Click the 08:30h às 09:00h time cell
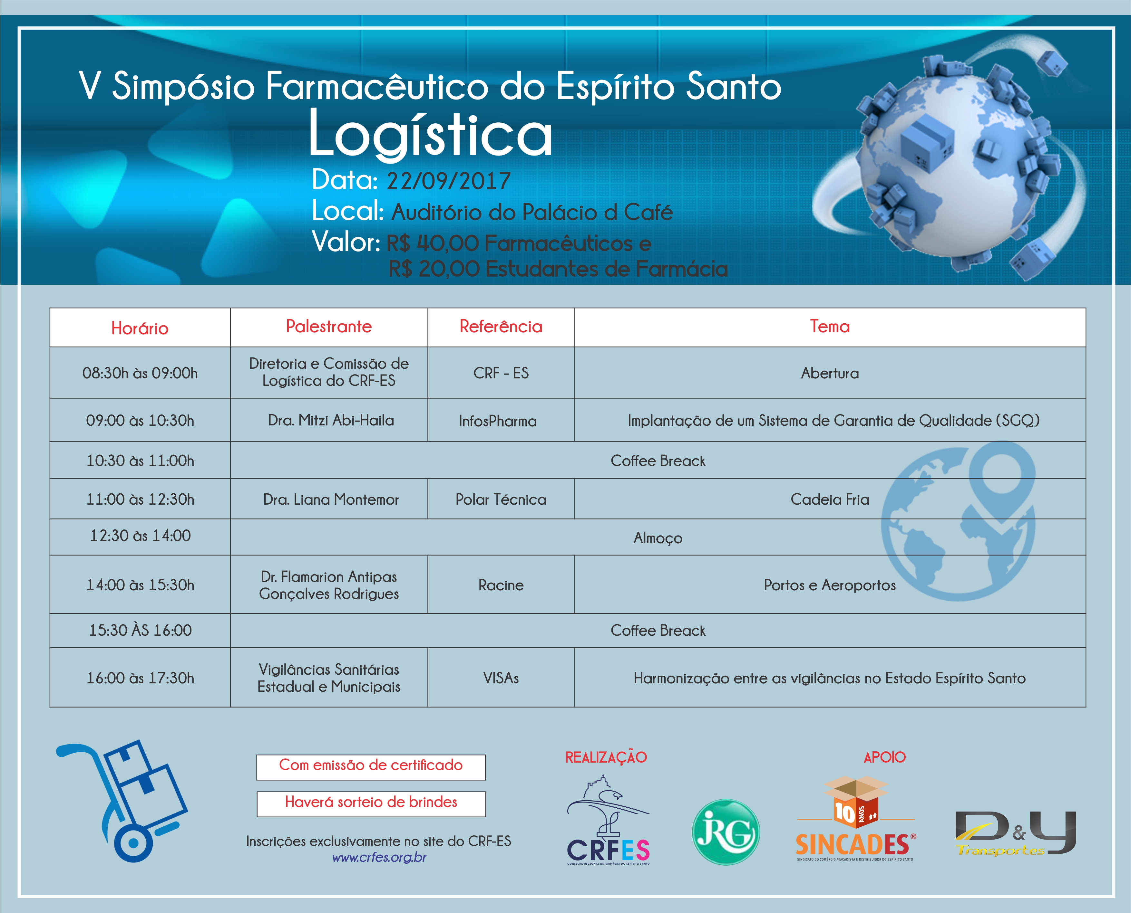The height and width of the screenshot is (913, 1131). (x=140, y=373)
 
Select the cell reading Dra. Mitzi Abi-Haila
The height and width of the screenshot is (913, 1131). (x=331, y=420)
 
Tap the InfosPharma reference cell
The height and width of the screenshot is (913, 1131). (x=498, y=421)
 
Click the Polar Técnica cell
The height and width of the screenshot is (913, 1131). (x=501, y=499)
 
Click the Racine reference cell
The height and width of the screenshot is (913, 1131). (x=501, y=585)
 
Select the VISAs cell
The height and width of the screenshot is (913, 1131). (x=501, y=678)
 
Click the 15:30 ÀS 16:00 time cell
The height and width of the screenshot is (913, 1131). (x=140, y=630)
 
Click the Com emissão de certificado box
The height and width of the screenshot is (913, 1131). (x=371, y=767)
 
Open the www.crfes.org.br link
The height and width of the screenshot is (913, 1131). (x=379, y=857)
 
